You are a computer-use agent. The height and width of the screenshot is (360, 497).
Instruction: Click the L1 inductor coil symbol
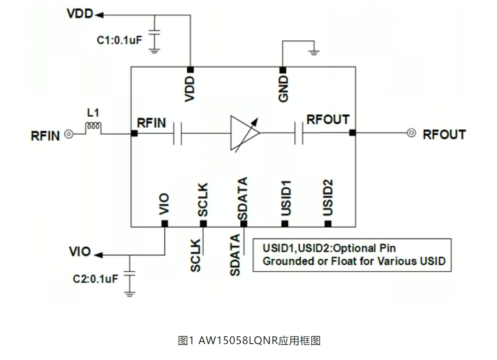coord(93,127)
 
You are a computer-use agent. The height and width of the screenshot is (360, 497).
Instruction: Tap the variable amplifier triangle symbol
coord(244,133)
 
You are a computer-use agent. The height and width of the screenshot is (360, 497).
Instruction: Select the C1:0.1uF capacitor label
coord(120,40)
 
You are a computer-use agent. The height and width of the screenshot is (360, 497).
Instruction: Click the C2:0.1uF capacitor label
coord(95,279)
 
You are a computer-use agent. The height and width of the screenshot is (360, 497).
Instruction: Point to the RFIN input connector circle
coord(69,133)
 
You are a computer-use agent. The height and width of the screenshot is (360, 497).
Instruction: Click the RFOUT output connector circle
coord(411,133)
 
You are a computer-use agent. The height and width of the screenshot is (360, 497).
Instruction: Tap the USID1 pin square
coord(285,223)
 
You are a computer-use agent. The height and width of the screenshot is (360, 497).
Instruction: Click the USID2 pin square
coord(328,223)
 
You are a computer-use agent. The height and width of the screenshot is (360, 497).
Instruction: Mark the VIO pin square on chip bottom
coord(164,223)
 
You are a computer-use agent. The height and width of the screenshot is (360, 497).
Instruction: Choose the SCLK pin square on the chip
coord(203,223)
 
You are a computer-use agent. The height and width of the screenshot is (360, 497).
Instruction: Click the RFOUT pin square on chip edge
coord(353,133)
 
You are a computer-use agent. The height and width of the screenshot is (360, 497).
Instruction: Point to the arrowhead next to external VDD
coord(99,15)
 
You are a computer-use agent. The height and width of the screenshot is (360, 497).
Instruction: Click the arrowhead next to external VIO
coord(99,255)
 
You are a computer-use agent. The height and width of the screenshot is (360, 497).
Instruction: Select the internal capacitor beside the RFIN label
coord(177,133)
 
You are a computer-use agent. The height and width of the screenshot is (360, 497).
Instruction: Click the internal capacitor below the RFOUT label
coord(299,133)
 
